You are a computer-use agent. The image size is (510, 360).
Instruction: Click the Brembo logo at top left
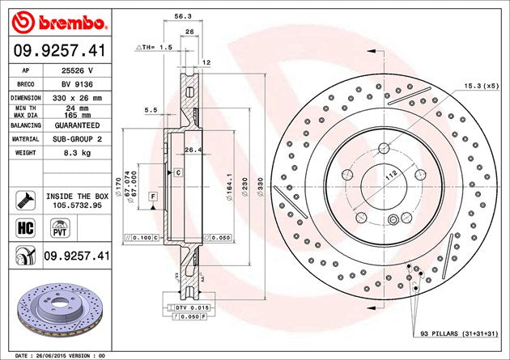(x=59, y=23)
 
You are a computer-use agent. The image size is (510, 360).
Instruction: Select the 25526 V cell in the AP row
(x=77, y=70)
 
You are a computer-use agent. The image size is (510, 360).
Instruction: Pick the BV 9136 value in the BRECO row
(x=77, y=84)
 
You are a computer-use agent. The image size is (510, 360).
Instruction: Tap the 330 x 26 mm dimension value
(x=77, y=98)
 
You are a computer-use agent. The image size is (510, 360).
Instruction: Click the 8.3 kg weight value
(x=77, y=153)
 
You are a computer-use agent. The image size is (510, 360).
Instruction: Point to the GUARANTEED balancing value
(x=77, y=125)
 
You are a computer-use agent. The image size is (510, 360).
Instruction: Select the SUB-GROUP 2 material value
(x=77, y=139)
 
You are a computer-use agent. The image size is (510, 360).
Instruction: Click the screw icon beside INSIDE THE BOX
(x=25, y=201)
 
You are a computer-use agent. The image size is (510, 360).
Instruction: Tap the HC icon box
(x=25, y=228)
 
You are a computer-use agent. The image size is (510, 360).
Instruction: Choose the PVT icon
(x=60, y=228)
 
